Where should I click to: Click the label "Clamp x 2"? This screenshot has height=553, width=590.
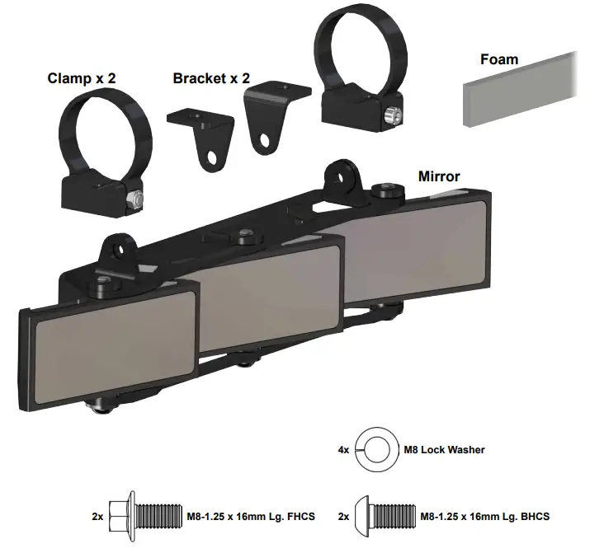click(x=82, y=78)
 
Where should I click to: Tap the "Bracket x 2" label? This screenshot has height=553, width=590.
click(x=211, y=78)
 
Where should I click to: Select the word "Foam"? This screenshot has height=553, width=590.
click(x=499, y=59)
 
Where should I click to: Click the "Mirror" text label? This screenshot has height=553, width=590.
click(x=439, y=176)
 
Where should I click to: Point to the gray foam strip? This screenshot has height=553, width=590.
click(x=520, y=91)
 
